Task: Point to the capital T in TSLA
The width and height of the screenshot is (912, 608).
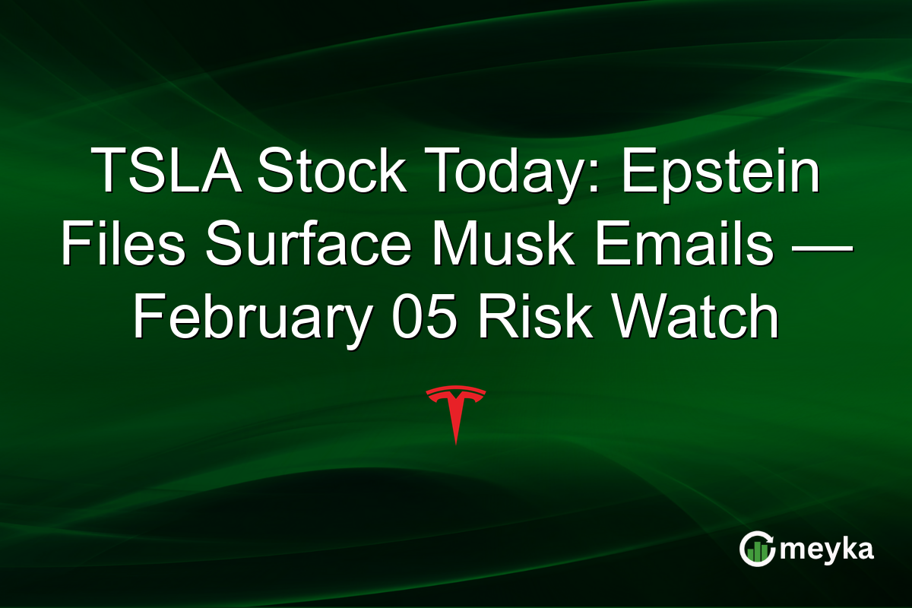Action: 106,173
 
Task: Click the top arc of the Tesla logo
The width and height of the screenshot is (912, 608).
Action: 455,391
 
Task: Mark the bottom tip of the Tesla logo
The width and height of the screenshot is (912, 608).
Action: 455,442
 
